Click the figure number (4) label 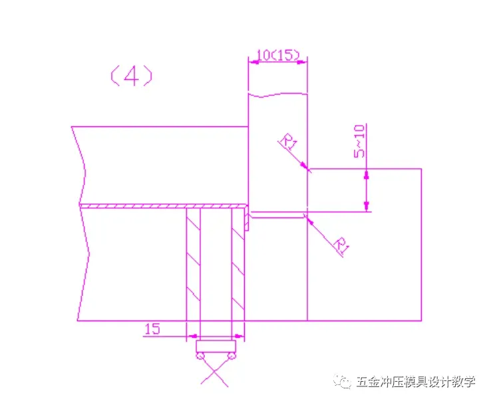click(132, 76)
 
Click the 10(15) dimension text click(277, 55)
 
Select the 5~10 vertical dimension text click(359, 141)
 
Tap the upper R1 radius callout click(288, 142)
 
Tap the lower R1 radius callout click(341, 244)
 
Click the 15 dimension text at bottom click(152, 329)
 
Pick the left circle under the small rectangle click(200, 356)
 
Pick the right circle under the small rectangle click(232, 356)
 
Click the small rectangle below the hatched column click(216, 346)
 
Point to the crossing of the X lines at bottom click(215, 372)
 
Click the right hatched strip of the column click(238, 265)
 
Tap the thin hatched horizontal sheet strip click(163, 206)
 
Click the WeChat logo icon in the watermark click(343, 381)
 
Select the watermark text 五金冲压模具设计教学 click(416, 382)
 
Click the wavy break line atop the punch click(277, 94)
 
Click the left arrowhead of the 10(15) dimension click(253, 63)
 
